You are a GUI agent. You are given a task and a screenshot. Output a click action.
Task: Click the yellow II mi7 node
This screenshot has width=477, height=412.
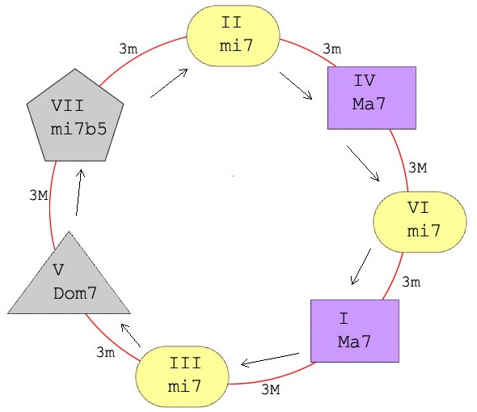(233, 36)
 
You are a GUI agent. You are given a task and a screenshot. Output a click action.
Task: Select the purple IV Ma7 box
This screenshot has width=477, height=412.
(372, 98)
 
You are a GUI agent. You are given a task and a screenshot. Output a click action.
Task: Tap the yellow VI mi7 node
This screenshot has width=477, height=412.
(420, 222)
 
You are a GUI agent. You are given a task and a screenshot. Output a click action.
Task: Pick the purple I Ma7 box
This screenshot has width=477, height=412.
(355, 331)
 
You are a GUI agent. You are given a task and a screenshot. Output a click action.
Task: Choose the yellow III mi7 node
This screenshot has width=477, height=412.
(182, 376)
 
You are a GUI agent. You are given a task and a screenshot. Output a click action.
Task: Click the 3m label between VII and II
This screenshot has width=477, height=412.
(128, 49)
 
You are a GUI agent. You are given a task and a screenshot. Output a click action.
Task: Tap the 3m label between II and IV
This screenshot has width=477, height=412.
(332, 49)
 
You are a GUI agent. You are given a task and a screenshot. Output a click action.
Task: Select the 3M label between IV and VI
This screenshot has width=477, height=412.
(417, 168)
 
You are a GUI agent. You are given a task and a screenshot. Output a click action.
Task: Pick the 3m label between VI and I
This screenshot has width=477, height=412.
(412, 282)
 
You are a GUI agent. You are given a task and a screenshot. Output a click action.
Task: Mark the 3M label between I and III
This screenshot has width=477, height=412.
(271, 389)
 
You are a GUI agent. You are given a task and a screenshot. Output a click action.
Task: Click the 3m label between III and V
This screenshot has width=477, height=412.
(106, 352)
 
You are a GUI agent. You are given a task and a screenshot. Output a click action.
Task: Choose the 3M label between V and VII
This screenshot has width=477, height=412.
(39, 195)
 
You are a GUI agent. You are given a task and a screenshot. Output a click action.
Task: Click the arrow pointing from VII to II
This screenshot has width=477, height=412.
(169, 83)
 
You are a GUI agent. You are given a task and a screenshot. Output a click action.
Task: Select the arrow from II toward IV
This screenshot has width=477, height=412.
(296, 86)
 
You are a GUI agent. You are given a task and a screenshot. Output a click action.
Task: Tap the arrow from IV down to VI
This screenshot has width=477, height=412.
(363, 164)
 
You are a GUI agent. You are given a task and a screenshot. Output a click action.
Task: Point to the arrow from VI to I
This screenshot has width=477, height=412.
(361, 267)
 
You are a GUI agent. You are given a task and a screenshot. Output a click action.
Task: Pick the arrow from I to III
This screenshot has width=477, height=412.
(270, 359)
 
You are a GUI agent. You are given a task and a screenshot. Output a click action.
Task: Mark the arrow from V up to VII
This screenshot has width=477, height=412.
(78, 193)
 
